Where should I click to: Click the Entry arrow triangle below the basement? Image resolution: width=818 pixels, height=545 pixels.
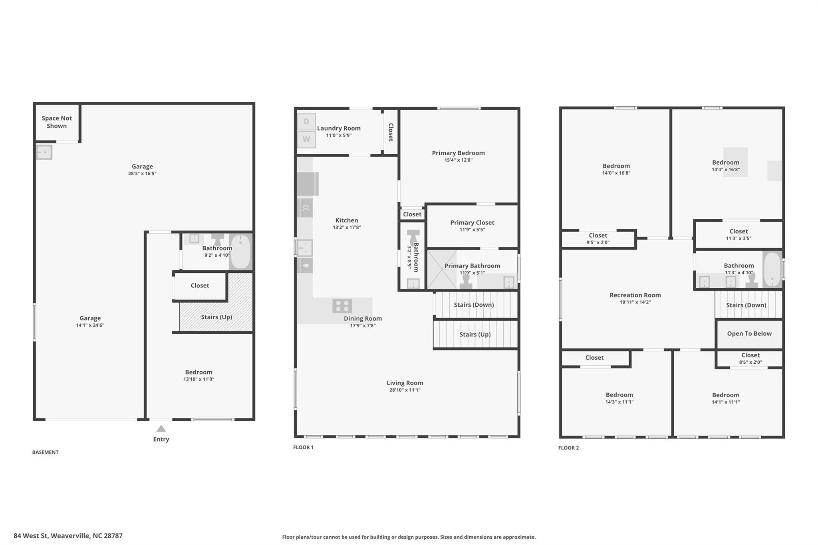(x=161, y=429)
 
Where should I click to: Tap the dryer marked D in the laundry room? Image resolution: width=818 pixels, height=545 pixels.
(x=306, y=122)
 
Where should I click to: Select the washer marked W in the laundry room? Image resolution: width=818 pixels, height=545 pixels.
(x=306, y=140)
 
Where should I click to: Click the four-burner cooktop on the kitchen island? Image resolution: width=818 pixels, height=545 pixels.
(x=342, y=306)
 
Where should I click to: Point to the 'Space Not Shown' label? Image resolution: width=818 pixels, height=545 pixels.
(x=57, y=122)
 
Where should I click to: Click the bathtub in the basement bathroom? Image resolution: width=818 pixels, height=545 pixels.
(x=240, y=252)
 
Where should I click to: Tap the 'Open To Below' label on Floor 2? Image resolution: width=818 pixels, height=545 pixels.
(x=749, y=334)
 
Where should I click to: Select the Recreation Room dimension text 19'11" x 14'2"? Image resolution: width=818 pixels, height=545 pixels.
(x=635, y=302)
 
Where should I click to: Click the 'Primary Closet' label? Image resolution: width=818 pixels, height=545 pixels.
(x=472, y=223)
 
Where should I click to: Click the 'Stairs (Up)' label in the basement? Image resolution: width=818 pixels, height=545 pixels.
(x=216, y=317)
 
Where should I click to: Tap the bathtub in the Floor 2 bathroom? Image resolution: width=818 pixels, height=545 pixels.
(x=772, y=270)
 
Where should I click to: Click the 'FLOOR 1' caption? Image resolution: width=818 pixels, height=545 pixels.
(x=303, y=448)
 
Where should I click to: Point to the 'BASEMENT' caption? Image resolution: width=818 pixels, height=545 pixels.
(x=45, y=452)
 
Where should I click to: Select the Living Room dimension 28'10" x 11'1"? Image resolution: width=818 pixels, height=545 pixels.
(x=405, y=390)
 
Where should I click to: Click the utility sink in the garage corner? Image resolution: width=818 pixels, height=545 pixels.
(x=44, y=153)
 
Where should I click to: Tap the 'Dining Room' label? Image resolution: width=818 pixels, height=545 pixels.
(x=363, y=319)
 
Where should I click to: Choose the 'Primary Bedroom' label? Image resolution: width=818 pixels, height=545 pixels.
(x=458, y=153)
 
